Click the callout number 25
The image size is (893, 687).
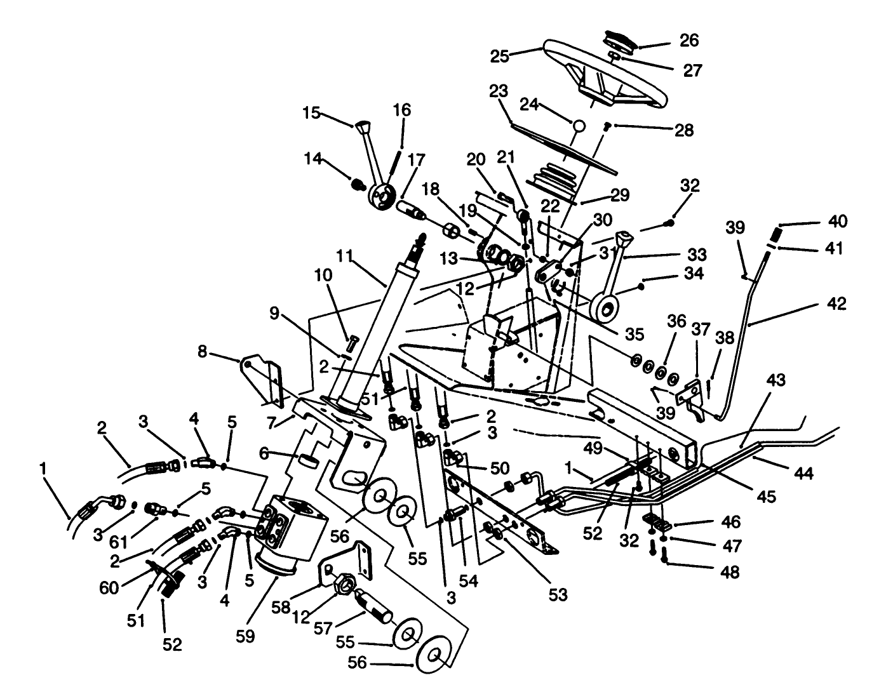[x=499, y=56]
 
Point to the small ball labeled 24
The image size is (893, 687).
[x=579, y=126]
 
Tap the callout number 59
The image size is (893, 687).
[x=245, y=636]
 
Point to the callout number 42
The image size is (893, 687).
[x=836, y=304]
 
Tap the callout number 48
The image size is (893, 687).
[x=730, y=572]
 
